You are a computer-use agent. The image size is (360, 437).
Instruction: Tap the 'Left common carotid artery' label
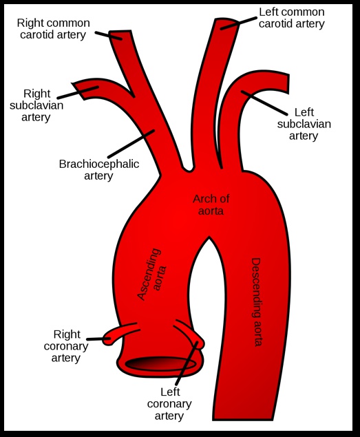[291, 18]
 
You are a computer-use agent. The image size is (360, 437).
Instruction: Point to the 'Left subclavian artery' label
[304, 124]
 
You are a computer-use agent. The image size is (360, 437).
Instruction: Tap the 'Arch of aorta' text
[211, 204]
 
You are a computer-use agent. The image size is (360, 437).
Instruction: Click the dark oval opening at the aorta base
[165, 363]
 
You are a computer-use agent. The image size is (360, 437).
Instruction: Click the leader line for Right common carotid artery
[108, 34]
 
